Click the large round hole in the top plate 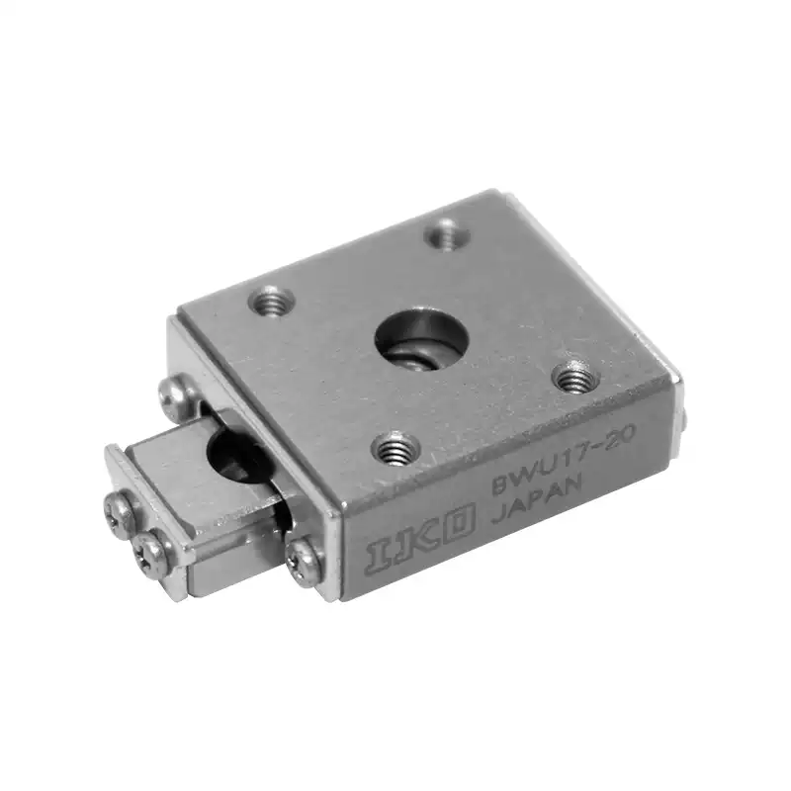(x=422, y=337)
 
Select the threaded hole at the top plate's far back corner (x=447, y=235)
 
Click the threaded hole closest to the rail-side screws (x=271, y=301)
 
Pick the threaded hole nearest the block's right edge (x=576, y=379)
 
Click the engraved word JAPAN (x=537, y=496)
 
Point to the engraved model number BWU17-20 (x=564, y=454)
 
